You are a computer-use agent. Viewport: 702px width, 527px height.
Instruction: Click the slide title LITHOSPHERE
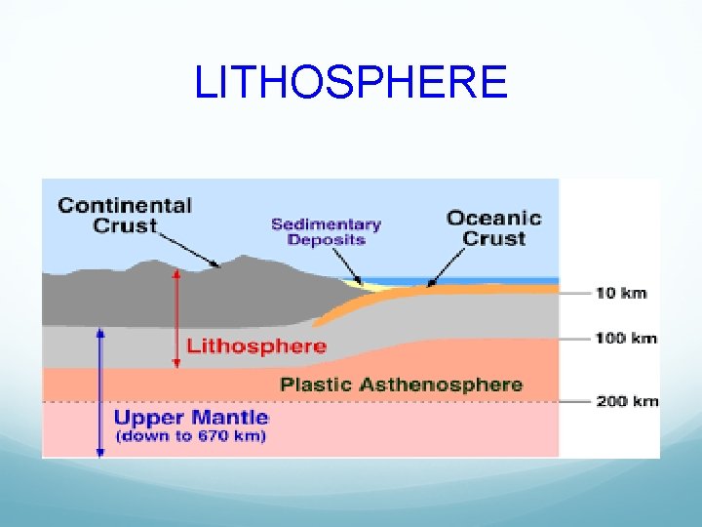351,82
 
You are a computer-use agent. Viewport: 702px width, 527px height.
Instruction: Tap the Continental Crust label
125,216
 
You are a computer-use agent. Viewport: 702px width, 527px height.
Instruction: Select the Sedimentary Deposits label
326,232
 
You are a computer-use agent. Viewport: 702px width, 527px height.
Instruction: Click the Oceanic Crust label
493,228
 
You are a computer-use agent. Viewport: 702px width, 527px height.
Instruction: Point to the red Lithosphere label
256,346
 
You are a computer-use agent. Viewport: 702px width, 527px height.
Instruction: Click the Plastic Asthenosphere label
401,385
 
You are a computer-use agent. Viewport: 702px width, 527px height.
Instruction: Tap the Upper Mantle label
191,418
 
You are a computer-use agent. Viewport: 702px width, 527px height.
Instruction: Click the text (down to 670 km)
191,436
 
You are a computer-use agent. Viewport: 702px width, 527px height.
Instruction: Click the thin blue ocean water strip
487,280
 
